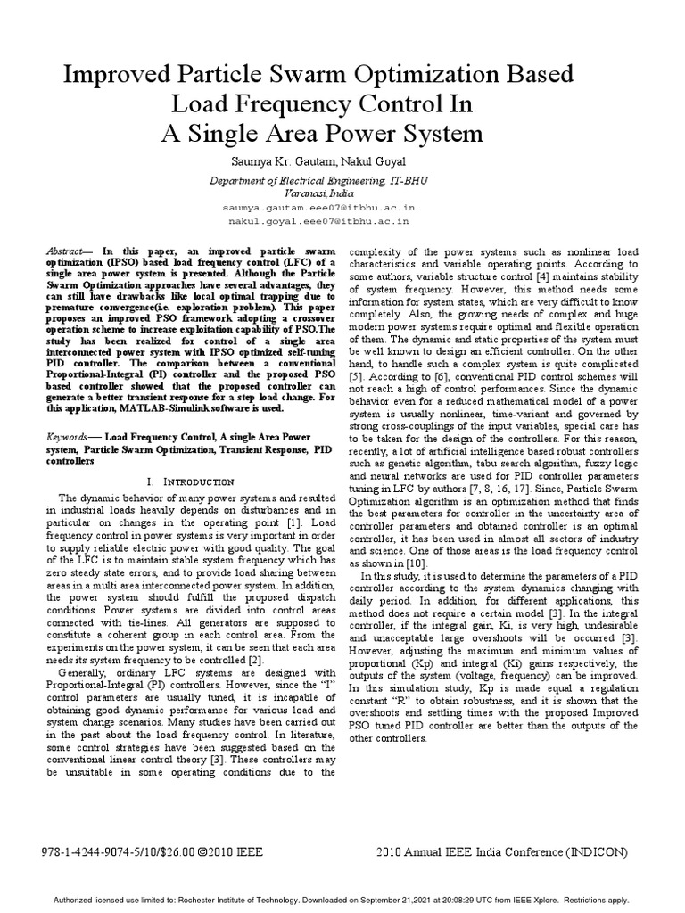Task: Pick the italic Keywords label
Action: tap(69, 439)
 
